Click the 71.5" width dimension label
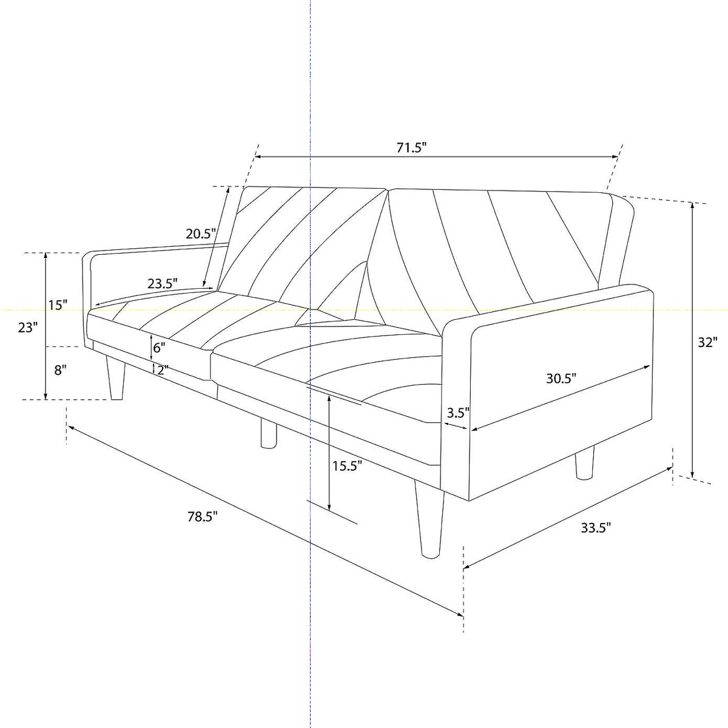[x=411, y=148]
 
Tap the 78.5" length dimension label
[x=203, y=516]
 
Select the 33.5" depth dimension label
[x=596, y=528]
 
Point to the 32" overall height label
[x=707, y=342]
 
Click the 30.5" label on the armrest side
[x=561, y=378]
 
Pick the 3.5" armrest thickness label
[x=458, y=413]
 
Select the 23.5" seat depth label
[x=163, y=283]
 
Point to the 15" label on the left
[x=58, y=305]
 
